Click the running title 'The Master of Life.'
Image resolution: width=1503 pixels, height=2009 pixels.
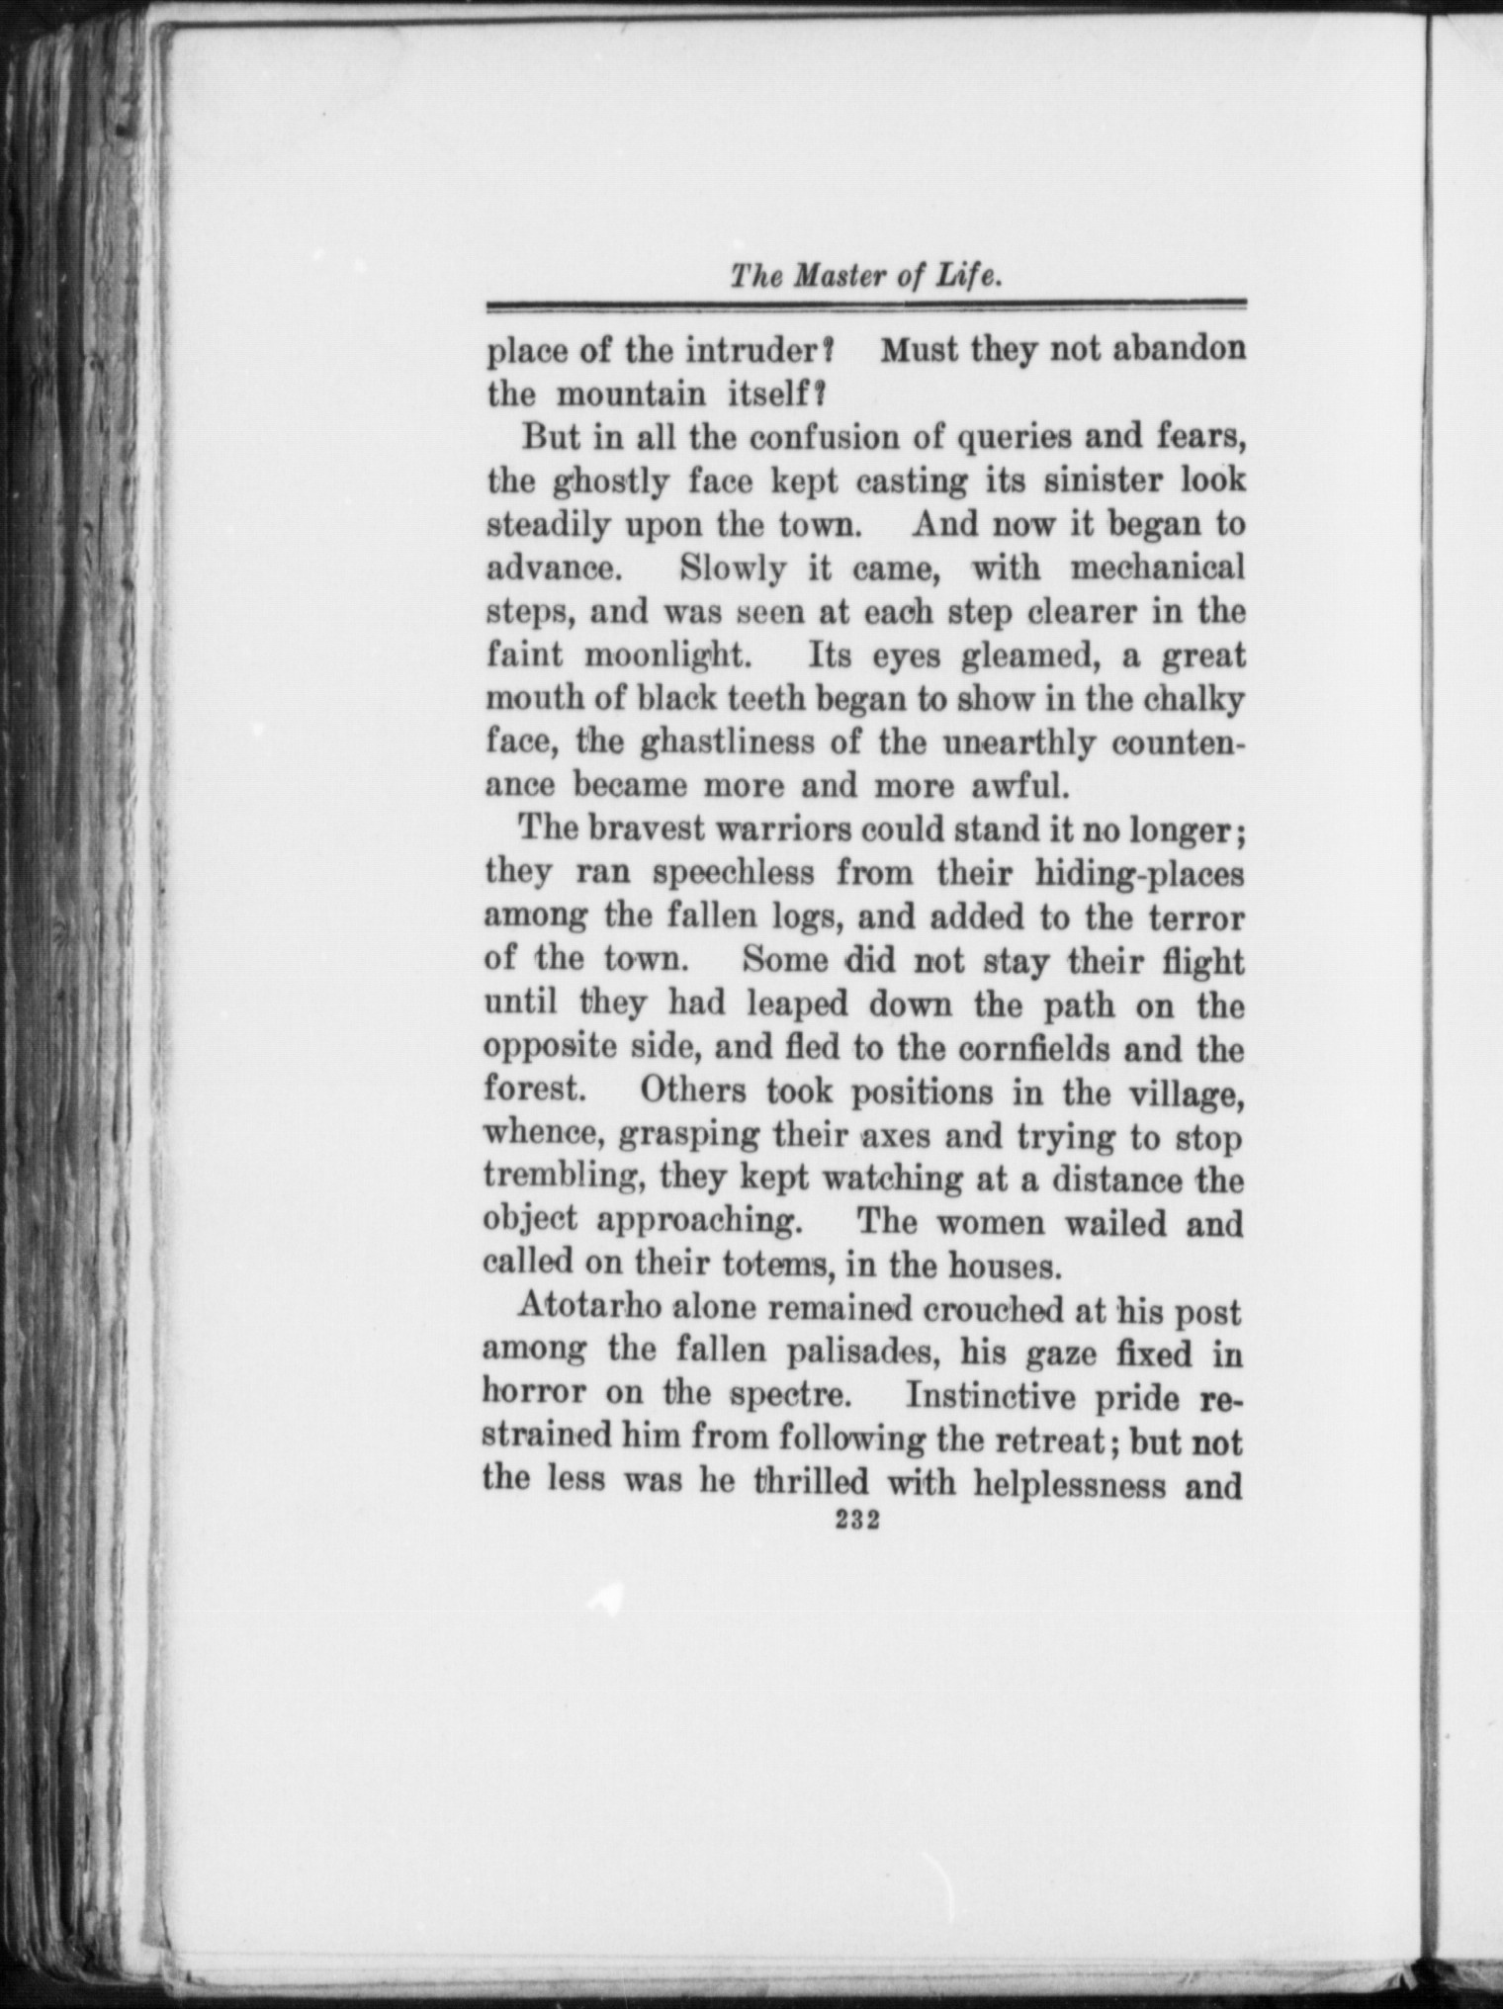(866, 276)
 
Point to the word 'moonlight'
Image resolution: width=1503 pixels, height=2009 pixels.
(669, 655)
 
